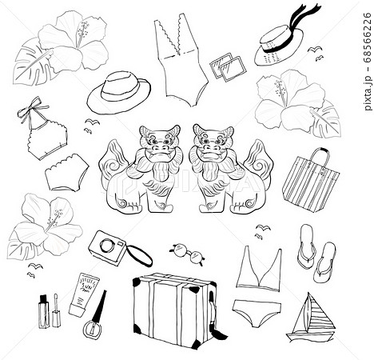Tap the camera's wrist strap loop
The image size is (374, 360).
[140, 255]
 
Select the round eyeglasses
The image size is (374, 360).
[187, 254]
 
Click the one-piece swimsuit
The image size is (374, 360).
[180, 60]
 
